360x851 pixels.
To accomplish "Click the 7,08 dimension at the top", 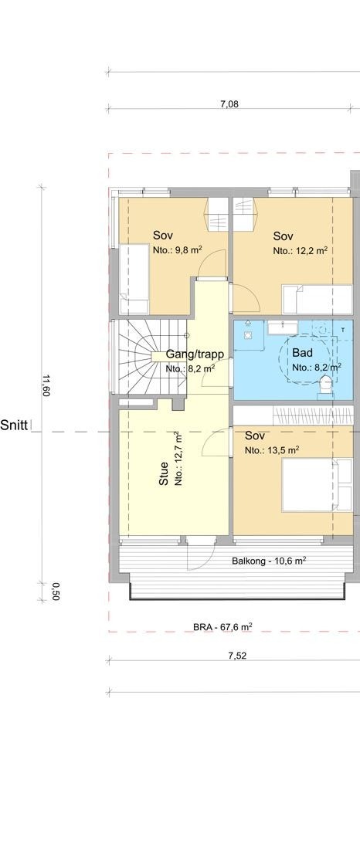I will click(x=228, y=104).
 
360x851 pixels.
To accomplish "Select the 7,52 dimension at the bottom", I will click(x=237, y=656).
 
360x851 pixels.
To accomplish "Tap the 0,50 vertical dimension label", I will click(x=55, y=590).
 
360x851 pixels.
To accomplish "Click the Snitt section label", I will click(x=15, y=424).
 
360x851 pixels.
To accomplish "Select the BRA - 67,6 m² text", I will click(x=223, y=627).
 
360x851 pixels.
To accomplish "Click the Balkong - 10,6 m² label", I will click(x=269, y=560).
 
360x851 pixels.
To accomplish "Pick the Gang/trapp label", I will click(x=195, y=354).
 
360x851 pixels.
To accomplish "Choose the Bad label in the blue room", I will click(x=302, y=352).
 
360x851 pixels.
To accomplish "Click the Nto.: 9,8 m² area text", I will click(x=177, y=250).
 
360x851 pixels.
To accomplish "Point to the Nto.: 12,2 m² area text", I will click(x=301, y=250).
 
